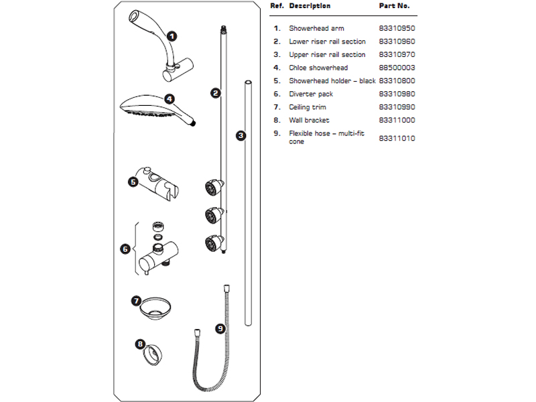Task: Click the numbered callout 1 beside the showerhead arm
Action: tap(172, 36)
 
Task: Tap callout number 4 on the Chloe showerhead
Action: tap(170, 99)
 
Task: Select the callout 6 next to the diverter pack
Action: tap(125, 249)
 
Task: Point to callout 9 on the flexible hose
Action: tap(220, 329)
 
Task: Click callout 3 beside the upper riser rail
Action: tap(241, 136)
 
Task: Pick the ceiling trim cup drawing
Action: tap(155, 308)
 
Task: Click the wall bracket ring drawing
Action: tap(153, 356)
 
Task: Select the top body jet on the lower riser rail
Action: tap(214, 188)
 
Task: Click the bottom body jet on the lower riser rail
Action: tap(214, 243)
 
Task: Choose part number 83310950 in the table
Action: tap(397, 28)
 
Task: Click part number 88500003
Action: tap(397, 68)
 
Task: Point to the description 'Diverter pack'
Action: tap(311, 94)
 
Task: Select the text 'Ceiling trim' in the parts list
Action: tap(308, 107)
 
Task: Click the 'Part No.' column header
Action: tap(394, 6)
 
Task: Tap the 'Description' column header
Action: tap(310, 6)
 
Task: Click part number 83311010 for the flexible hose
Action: tap(397, 139)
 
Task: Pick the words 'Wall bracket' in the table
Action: tap(309, 121)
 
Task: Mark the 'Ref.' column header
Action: tap(277, 6)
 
